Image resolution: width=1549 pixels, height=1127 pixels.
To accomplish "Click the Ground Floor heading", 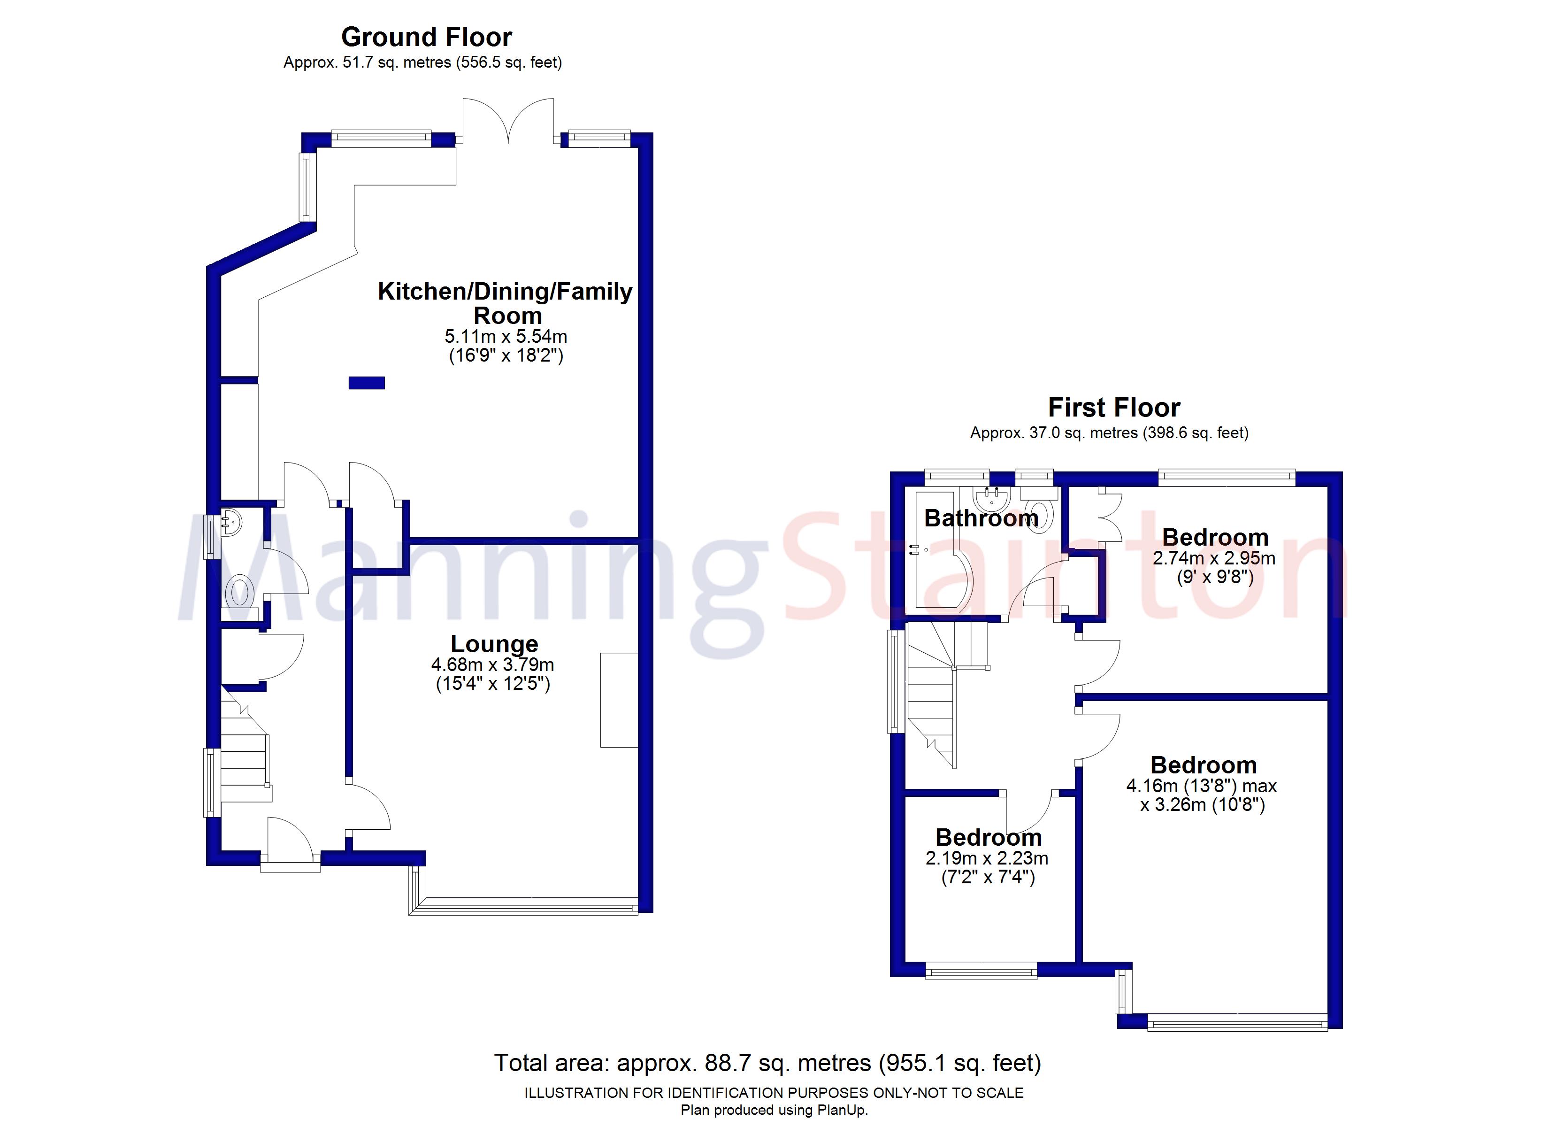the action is coord(426,37).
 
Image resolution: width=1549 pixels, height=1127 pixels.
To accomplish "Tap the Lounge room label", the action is coord(494,644).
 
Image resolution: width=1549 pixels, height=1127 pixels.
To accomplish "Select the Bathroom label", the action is coord(981,518).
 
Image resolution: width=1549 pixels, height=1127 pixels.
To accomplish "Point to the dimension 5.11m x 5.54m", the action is coord(506,336).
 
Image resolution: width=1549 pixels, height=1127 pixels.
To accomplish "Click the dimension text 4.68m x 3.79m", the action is coord(492,664).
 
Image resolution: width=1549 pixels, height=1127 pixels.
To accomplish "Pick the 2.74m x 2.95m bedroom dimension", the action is coord(1214,558).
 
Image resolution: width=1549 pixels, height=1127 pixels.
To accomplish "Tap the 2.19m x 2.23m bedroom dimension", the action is coord(987,858).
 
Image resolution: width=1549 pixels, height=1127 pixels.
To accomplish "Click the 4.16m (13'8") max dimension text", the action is coord(1201,786).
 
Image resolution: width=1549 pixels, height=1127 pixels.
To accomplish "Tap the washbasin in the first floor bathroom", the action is coord(991,500).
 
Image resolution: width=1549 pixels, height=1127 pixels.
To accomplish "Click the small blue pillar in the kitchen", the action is coord(367,383).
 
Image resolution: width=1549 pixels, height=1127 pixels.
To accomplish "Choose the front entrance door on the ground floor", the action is coord(290,843).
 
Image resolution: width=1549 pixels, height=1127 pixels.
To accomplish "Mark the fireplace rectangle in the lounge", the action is coord(619,700).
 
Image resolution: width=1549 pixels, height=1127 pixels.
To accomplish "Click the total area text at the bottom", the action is coord(767,1063).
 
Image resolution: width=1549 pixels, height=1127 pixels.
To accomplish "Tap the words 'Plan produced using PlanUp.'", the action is coord(774,1111).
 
